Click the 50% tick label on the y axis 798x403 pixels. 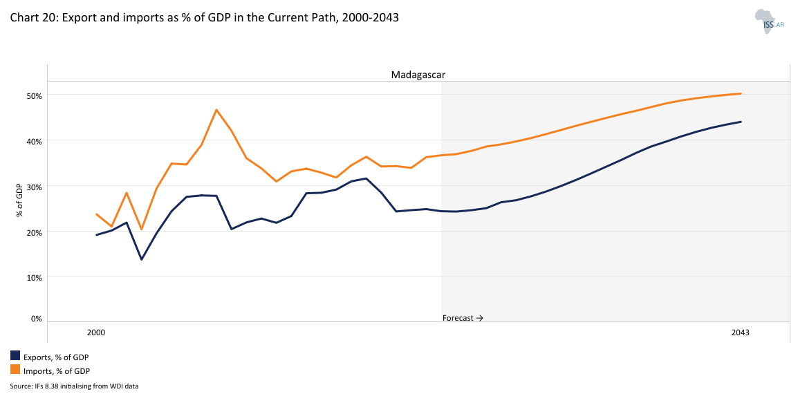pos(35,95)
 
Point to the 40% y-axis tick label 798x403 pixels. pos(35,141)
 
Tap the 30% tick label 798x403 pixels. pos(35,187)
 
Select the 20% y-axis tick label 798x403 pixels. pos(35,232)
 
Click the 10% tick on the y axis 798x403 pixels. pos(35,278)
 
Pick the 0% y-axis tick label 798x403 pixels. pos(37,319)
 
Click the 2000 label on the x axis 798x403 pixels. pos(96,332)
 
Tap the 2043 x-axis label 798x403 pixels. pos(741,332)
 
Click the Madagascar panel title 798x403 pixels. pos(418,75)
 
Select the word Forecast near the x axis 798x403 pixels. pos(458,318)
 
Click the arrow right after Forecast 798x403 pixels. pos(480,318)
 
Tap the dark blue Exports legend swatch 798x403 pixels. pos(15,356)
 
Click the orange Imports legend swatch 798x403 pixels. pos(15,371)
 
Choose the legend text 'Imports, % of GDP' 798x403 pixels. pos(57,371)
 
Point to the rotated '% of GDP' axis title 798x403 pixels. pos(21,200)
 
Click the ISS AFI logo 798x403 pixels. pos(769,21)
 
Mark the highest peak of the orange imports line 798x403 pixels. pos(216,109)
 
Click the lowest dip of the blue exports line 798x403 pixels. pos(141,259)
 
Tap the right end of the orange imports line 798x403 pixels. pos(741,93)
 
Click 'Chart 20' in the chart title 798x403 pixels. pos(33,18)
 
